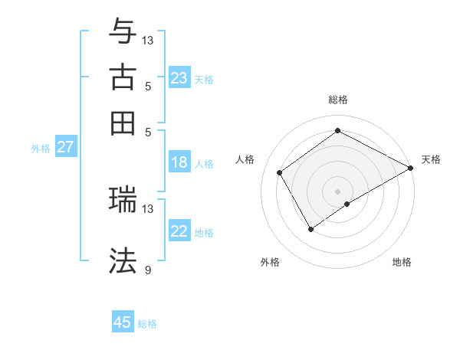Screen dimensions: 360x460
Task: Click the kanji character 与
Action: [123, 31]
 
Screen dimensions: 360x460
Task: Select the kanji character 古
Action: [123, 78]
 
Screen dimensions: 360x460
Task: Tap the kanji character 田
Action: [123, 123]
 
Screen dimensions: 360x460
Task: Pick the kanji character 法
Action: [123, 260]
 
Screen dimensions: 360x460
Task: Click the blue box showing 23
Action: [179, 78]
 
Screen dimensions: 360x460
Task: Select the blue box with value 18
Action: [179, 162]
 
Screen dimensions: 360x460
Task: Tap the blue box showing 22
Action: [179, 232]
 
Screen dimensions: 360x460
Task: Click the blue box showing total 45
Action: [123, 322]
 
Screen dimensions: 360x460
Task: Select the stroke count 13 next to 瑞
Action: [148, 208]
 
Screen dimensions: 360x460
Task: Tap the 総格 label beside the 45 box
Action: [147, 324]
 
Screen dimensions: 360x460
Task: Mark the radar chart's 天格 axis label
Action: [431, 159]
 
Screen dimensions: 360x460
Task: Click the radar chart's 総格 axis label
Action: [337, 100]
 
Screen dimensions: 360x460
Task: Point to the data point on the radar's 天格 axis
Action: [410, 169]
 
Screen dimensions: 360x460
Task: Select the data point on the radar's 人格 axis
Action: [280, 172]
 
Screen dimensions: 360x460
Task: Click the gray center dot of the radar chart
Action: [337, 191]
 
